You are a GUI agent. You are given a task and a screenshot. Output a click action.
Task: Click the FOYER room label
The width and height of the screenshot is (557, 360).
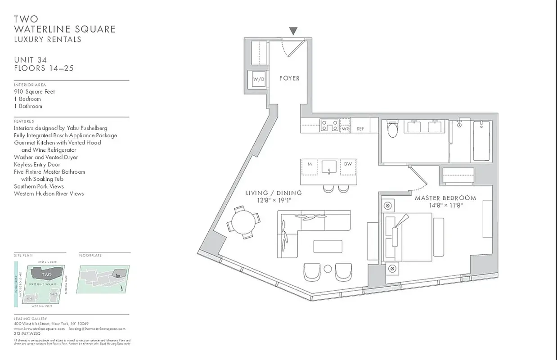[x=289, y=78]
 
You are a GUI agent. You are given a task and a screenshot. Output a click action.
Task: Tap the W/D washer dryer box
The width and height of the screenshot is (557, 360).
[x=258, y=80]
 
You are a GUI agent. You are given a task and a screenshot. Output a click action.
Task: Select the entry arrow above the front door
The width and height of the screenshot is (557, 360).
[x=293, y=31]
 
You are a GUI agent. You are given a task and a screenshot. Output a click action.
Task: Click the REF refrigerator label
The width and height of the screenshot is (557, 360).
[x=360, y=129]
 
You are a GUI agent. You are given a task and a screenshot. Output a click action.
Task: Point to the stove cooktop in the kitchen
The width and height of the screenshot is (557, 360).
[x=329, y=125]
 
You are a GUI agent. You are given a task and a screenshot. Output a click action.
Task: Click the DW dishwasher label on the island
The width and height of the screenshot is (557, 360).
[x=348, y=164]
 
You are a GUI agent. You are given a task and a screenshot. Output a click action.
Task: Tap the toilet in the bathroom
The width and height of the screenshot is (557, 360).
[x=392, y=130]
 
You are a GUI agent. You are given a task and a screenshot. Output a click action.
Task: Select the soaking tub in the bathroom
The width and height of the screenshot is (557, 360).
[x=482, y=140]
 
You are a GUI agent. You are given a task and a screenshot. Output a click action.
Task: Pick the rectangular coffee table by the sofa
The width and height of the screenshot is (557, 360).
[x=328, y=246]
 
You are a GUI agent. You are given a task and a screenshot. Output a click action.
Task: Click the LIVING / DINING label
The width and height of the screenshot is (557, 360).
[x=274, y=193]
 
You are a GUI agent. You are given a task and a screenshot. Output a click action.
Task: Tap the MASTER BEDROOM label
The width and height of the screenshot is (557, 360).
[x=445, y=198]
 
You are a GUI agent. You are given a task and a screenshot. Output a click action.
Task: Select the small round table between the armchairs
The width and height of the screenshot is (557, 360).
[x=328, y=269]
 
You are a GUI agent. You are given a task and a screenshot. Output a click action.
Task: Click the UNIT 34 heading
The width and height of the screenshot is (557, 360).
[x=30, y=60]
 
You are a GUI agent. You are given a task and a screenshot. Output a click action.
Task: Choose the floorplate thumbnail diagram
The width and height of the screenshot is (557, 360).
[x=103, y=279]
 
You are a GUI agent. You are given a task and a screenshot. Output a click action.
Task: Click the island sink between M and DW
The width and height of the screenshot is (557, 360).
[x=329, y=166]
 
